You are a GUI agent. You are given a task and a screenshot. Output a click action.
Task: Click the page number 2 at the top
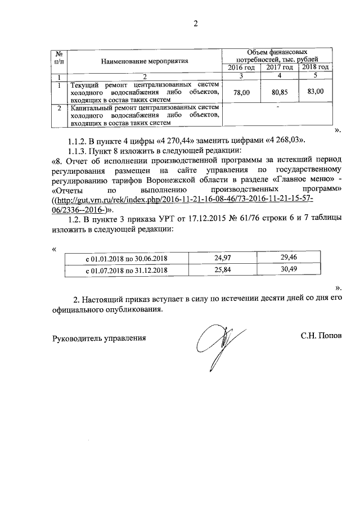pos(196,24)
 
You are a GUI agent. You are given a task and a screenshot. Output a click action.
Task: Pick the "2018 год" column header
pos(315,67)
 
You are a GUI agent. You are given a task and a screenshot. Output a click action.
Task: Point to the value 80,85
pos(279,92)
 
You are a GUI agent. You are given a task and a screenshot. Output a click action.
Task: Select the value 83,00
pos(316,91)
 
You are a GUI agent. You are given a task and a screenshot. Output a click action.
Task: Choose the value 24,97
pos(223,258)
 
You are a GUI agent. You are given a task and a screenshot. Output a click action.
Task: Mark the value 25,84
pos(223,269)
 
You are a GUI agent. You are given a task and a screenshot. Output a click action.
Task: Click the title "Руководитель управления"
pos(98,338)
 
